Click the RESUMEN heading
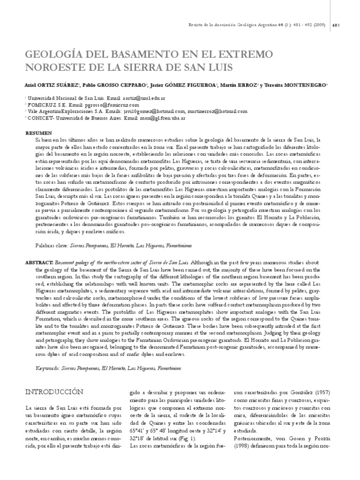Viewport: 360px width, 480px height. click(x=38, y=133)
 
